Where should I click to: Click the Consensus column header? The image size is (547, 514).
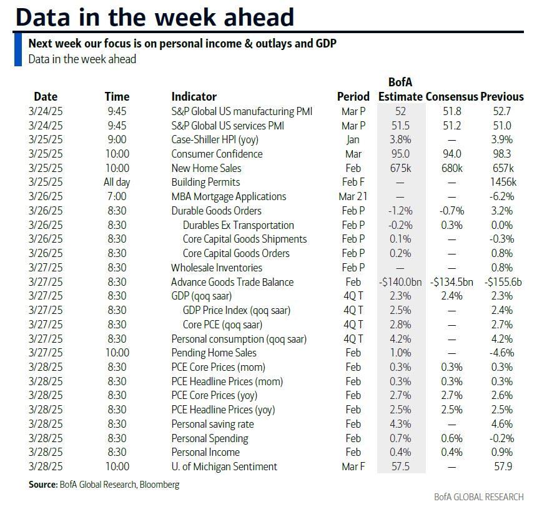pyautogui.click(x=451, y=97)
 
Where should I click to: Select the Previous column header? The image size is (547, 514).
pyautogui.click(x=502, y=97)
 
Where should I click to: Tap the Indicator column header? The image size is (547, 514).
pyautogui.click(x=194, y=97)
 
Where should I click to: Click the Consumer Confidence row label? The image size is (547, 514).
pyautogui.click(x=217, y=154)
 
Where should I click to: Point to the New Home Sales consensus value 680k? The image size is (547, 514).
pyautogui.click(x=451, y=168)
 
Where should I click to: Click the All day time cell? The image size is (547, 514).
pyautogui.click(x=117, y=183)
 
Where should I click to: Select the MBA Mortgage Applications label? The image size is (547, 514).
pyautogui.click(x=229, y=196)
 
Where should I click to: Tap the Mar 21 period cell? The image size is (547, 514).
pyautogui.click(x=353, y=196)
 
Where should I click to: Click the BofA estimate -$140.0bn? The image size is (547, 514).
pyautogui.click(x=400, y=282)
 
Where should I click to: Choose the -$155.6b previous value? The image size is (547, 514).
pyautogui.click(x=503, y=282)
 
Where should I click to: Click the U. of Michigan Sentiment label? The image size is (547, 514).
pyautogui.click(x=224, y=466)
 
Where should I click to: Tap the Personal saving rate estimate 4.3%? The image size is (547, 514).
pyautogui.click(x=400, y=424)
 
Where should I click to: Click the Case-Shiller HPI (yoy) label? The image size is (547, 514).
pyautogui.click(x=214, y=139)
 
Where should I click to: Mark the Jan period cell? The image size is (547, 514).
pyautogui.click(x=353, y=139)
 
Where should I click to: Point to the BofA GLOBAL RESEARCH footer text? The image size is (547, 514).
pyautogui.click(x=479, y=497)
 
